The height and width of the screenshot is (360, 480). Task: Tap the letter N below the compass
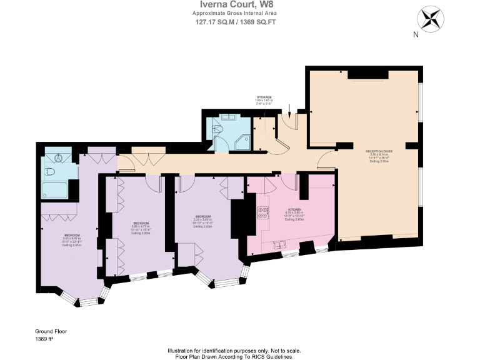(416, 35)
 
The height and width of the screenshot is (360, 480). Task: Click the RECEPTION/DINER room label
(379, 151)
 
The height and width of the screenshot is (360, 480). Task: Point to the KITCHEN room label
(294, 209)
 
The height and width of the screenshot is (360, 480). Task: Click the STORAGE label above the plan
(264, 97)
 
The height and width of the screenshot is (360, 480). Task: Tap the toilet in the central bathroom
(217, 129)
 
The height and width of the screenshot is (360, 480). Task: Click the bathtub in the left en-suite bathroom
(55, 189)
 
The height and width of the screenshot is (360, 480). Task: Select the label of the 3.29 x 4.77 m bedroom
(141, 223)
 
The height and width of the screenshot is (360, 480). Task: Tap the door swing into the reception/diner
(325, 162)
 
